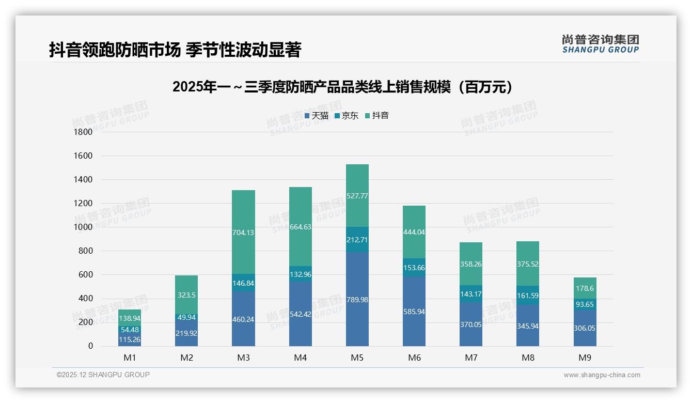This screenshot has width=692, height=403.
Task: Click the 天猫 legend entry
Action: pyautogui.click(x=317, y=116)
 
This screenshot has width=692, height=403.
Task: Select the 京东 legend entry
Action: pyautogui.click(x=347, y=116)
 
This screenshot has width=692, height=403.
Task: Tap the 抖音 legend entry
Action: pyautogui.click(x=377, y=116)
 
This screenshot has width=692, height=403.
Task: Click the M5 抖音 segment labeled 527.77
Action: pyautogui.click(x=357, y=196)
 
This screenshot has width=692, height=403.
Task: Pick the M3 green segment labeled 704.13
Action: pyautogui.click(x=243, y=233)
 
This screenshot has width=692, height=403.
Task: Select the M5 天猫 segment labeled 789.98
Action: pyautogui.click(x=357, y=300)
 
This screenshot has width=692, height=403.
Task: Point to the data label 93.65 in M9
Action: pyautogui.click(x=585, y=304)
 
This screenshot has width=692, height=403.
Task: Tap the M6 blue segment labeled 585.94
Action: pyautogui.click(x=414, y=312)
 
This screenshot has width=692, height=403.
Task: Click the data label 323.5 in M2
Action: pyautogui.click(x=186, y=295)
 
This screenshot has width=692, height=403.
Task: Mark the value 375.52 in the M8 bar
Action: pyautogui.click(x=528, y=263)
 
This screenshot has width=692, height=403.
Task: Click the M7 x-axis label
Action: pyautogui.click(x=471, y=358)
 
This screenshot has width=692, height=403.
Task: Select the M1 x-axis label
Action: pyautogui.click(x=130, y=358)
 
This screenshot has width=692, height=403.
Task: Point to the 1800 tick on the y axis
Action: pyautogui.click(x=83, y=132)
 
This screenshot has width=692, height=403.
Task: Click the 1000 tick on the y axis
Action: pyautogui.click(x=83, y=227)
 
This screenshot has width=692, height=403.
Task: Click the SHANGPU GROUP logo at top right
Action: pyautogui.click(x=600, y=44)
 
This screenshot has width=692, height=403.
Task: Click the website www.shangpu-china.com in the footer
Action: pyautogui.click(x=602, y=375)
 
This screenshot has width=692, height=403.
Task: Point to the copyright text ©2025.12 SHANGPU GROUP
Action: pyautogui.click(x=103, y=375)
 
